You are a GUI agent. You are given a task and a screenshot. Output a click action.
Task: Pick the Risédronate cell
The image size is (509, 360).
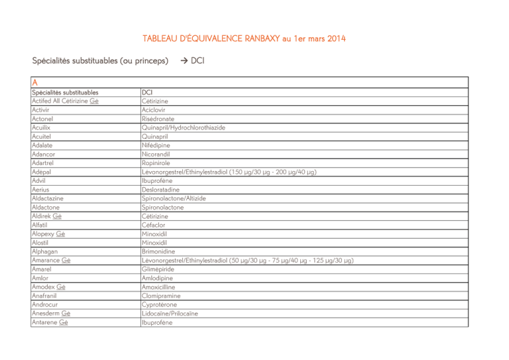pos(158,119)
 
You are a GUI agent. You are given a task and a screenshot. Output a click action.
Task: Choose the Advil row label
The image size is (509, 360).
pos(39,180)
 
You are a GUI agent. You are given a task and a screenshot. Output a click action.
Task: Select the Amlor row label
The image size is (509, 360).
pos(40,278)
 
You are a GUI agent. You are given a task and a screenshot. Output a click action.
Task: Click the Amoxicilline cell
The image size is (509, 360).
pos(160,287)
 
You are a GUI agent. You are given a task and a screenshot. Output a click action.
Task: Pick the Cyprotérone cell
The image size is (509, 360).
pos(159,305)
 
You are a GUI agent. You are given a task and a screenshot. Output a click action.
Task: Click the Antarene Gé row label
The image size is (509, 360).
pos(50,323)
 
